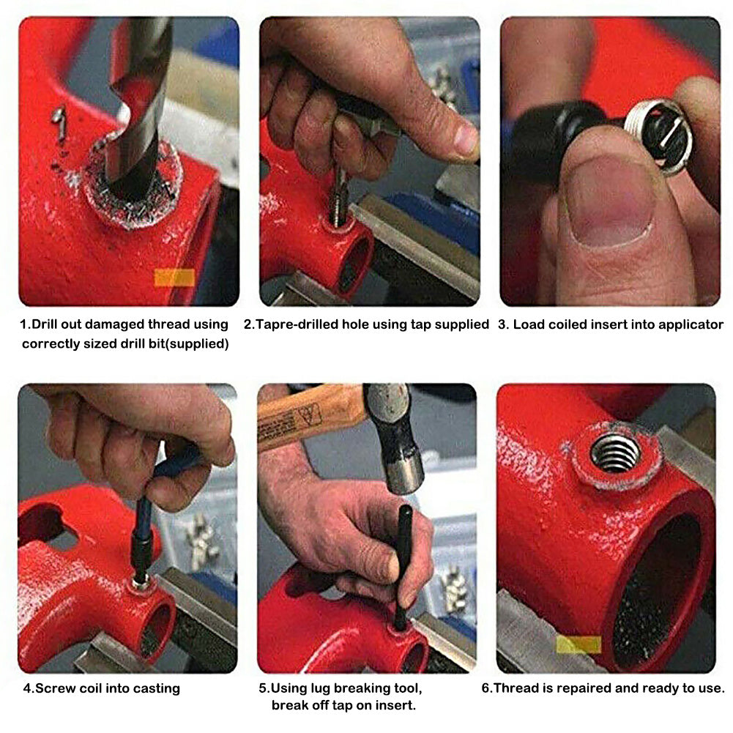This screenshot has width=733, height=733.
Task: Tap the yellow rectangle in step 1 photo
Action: pos(174,277)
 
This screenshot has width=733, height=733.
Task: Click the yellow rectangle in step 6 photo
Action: pos(578,644)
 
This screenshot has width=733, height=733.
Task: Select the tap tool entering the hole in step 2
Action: pos(338,198)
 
